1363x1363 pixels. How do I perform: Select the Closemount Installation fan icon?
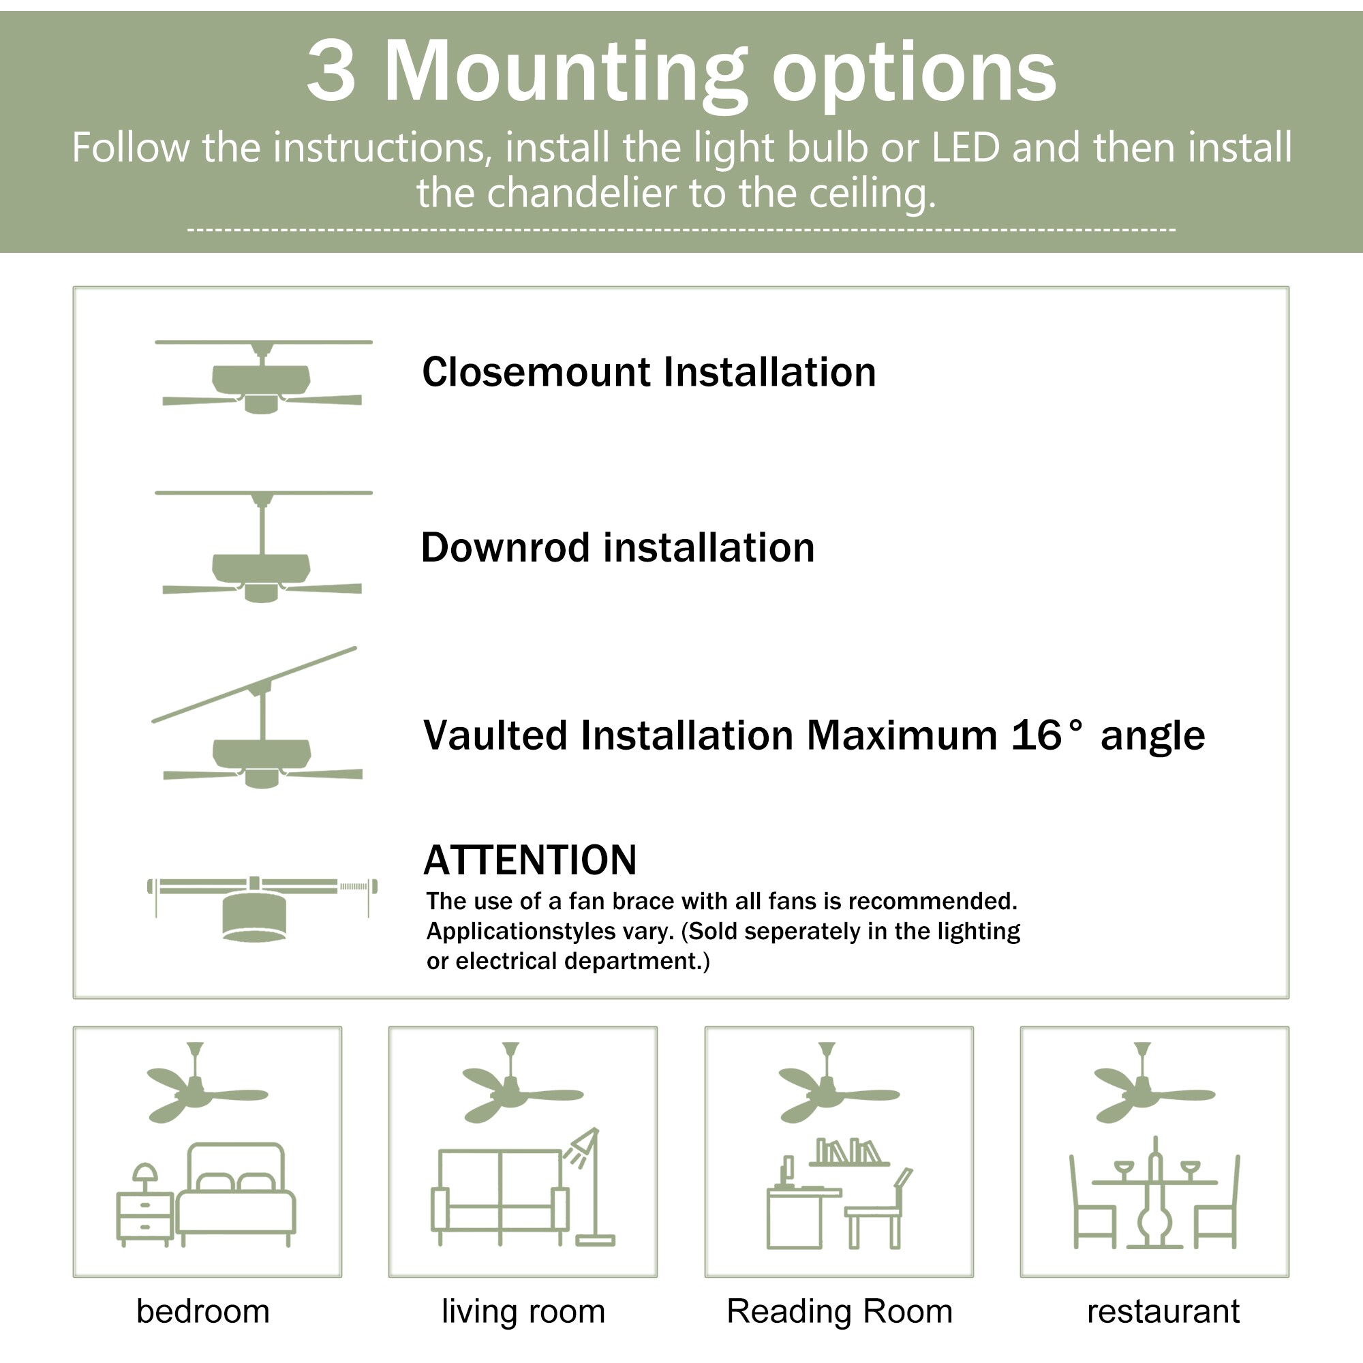pyautogui.click(x=262, y=378)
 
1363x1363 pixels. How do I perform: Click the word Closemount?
pyautogui.click(x=536, y=373)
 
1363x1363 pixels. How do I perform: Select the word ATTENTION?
pyautogui.click(x=530, y=860)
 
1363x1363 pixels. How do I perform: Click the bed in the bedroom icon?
pyautogui.click(x=236, y=1197)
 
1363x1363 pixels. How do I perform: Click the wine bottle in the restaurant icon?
pyautogui.click(x=1155, y=1192)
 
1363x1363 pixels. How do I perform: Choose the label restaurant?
pyautogui.click(x=1163, y=1311)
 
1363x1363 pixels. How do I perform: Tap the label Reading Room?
pyautogui.click(x=840, y=1311)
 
